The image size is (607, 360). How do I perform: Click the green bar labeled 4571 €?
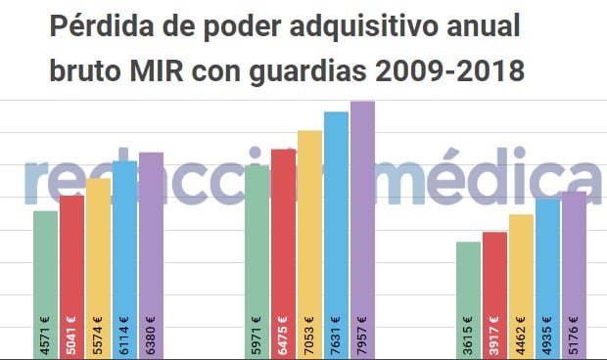pos(45,284)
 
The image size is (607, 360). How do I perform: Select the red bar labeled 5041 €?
pos(71,277)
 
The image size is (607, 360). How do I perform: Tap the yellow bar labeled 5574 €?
pos(98,268)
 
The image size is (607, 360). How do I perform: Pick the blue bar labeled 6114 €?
pos(124,259)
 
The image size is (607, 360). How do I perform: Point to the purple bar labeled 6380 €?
pos(151,255)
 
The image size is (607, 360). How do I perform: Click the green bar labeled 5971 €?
pos(257,262)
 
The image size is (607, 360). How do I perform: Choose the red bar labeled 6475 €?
pos(283,253)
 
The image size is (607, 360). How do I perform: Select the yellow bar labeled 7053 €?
pos(309,245)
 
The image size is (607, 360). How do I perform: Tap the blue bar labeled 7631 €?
pos(336,235)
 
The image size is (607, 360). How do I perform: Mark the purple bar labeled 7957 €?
pos(362,230)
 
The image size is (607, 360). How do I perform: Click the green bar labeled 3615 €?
pos(468,299)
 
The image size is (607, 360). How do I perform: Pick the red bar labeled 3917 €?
pos(494,294)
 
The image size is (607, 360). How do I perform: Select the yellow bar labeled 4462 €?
pos(521,286)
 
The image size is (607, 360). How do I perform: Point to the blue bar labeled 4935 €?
pos(547,278)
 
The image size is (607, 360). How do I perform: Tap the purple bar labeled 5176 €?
pos(574,274)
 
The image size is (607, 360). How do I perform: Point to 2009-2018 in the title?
pos(449,71)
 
